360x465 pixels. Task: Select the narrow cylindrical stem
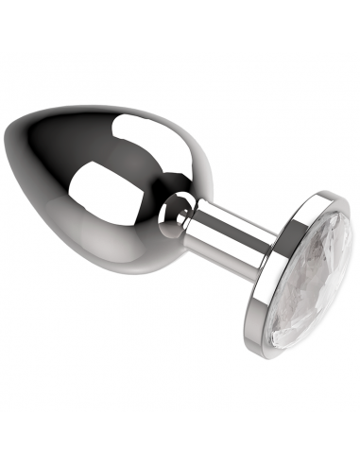[x=221, y=231]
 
